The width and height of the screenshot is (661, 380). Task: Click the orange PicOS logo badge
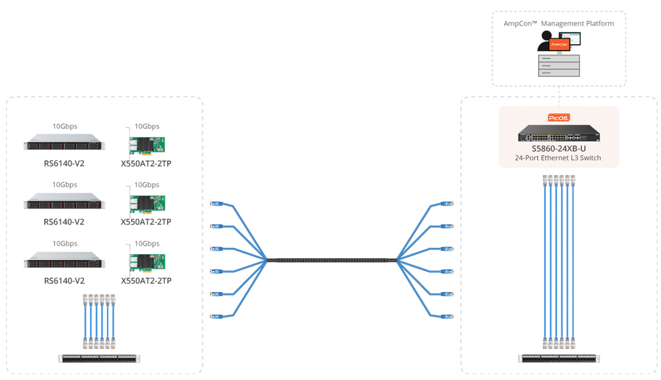[558, 118]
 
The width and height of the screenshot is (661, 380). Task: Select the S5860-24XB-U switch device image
[559, 133]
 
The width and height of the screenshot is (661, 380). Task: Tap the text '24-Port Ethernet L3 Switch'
[558, 158]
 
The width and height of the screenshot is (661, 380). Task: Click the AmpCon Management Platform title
[559, 24]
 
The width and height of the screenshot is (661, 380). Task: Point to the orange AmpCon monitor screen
[559, 44]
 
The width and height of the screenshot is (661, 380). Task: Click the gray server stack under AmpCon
[559, 66]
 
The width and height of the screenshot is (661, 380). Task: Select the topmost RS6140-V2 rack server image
[64, 142]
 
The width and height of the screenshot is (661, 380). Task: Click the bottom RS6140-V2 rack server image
[64, 260]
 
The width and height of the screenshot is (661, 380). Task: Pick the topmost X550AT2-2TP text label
[146, 164]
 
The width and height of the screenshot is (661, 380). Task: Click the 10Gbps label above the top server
[65, 126]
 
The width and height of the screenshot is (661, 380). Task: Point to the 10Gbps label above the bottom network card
[147, 244]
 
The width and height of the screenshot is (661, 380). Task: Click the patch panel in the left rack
[99, 358]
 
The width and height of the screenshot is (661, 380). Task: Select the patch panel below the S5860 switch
[559, 358]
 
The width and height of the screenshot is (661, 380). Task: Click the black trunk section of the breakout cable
[332, 260]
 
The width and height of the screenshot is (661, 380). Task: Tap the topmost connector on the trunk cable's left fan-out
[216, 204]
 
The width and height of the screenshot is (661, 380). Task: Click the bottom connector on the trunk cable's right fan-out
[447, 316]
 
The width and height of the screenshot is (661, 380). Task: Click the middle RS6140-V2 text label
[64, 222]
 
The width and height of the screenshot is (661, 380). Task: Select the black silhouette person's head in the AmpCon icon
[547, 35]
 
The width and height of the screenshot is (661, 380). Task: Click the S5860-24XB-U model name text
[559, 148]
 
